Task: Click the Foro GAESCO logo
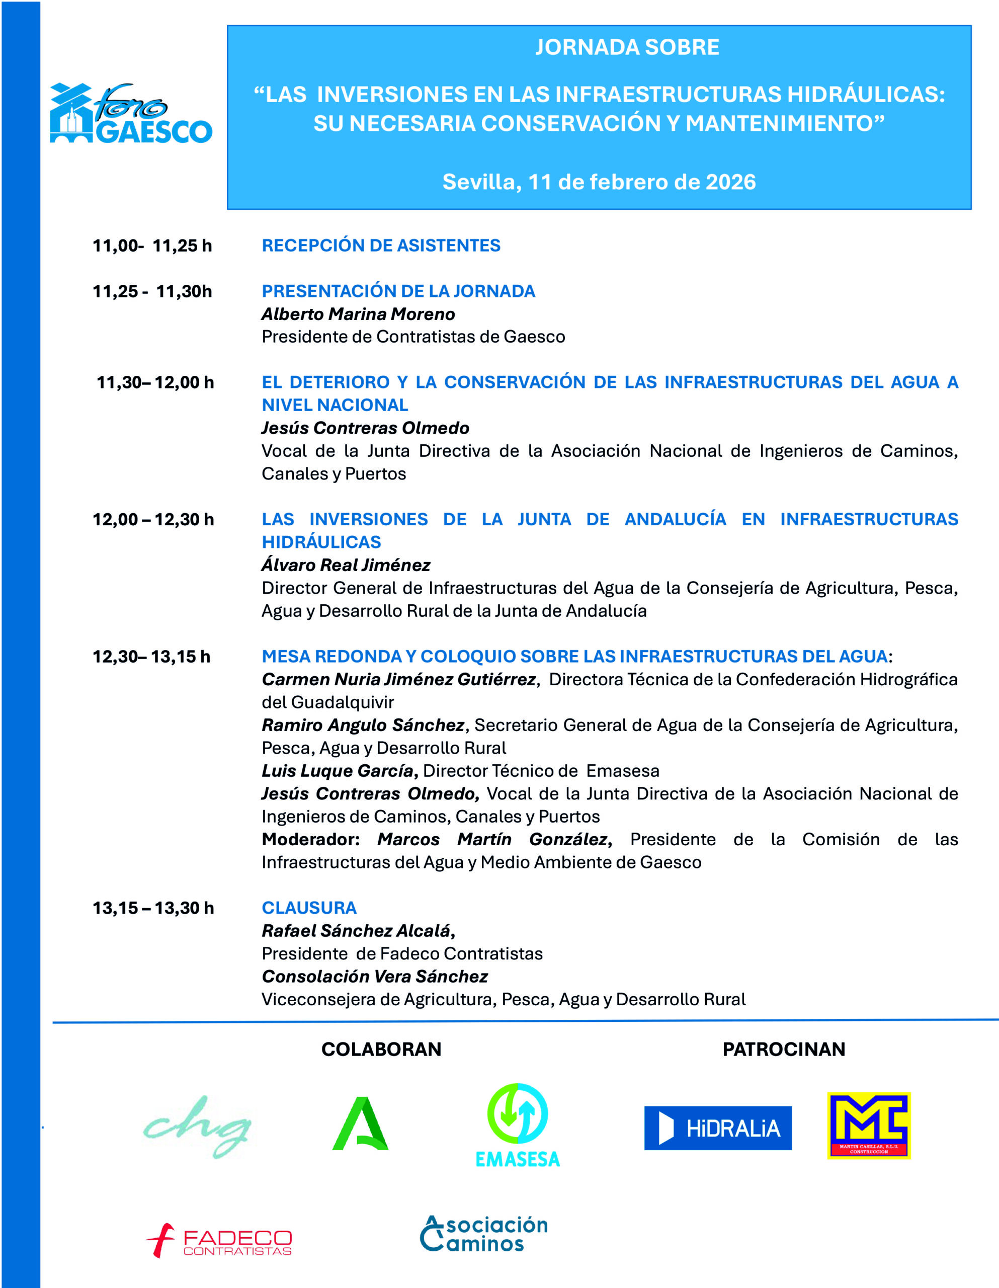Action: [x=131, y=114]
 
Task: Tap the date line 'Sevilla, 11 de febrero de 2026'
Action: [x=599, y=182]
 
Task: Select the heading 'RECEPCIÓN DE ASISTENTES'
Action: [x=381, y=246]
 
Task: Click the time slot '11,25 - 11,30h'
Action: [x=152, y=291]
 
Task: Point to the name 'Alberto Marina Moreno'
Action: [x=358, y=314]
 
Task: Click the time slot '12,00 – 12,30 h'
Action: [x=153, y=520]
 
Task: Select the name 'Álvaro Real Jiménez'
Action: [x=346, y=565]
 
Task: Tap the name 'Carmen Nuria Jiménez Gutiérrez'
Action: [x=399, y=679]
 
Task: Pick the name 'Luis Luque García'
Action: [x=339, y=771]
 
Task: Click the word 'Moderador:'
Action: [x=310, y=839]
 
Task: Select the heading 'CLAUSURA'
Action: [x=309, y=908]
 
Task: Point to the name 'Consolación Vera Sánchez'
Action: [x=374, y=976]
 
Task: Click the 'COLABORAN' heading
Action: [x=381, y=1049]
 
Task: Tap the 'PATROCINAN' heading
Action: [x=784, y=1049]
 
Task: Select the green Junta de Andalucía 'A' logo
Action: [x=360, y=1124]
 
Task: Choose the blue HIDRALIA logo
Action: [x=718, y=1128]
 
